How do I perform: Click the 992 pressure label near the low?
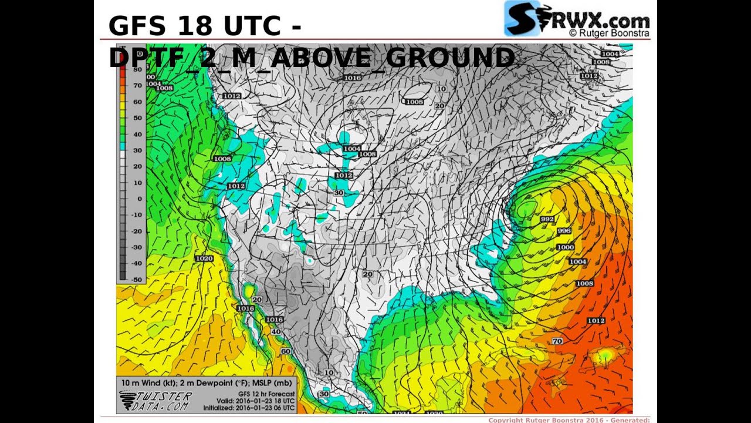pyautogui.click(x=547, y=219)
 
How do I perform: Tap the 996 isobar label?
pyautogui.click(x=563, y=231)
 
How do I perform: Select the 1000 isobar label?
pyautogui.click(x=566, y=247)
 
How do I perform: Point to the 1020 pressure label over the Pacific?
pyautogui.click(x=204, y=258)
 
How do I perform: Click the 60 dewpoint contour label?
pyautogui.click(x=285, y=351)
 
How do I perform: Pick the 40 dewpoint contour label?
pyautogui.click(x=276, y=332)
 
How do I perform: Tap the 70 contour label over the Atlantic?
pyautogui.click(x=557, y=341)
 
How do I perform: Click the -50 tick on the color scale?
pyautogui.click(x=137, y=280)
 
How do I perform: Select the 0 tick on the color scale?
pyautogui.click(x=139, y=199)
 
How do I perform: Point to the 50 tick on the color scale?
pyautogui.click(x=138, y=117)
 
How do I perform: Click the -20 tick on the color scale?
pyautogui.click(x=137, y=231)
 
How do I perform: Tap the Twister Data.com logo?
pyautogui.click(x=155, y=401)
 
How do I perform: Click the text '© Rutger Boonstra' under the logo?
pyautogui.click(x=609, y=33)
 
